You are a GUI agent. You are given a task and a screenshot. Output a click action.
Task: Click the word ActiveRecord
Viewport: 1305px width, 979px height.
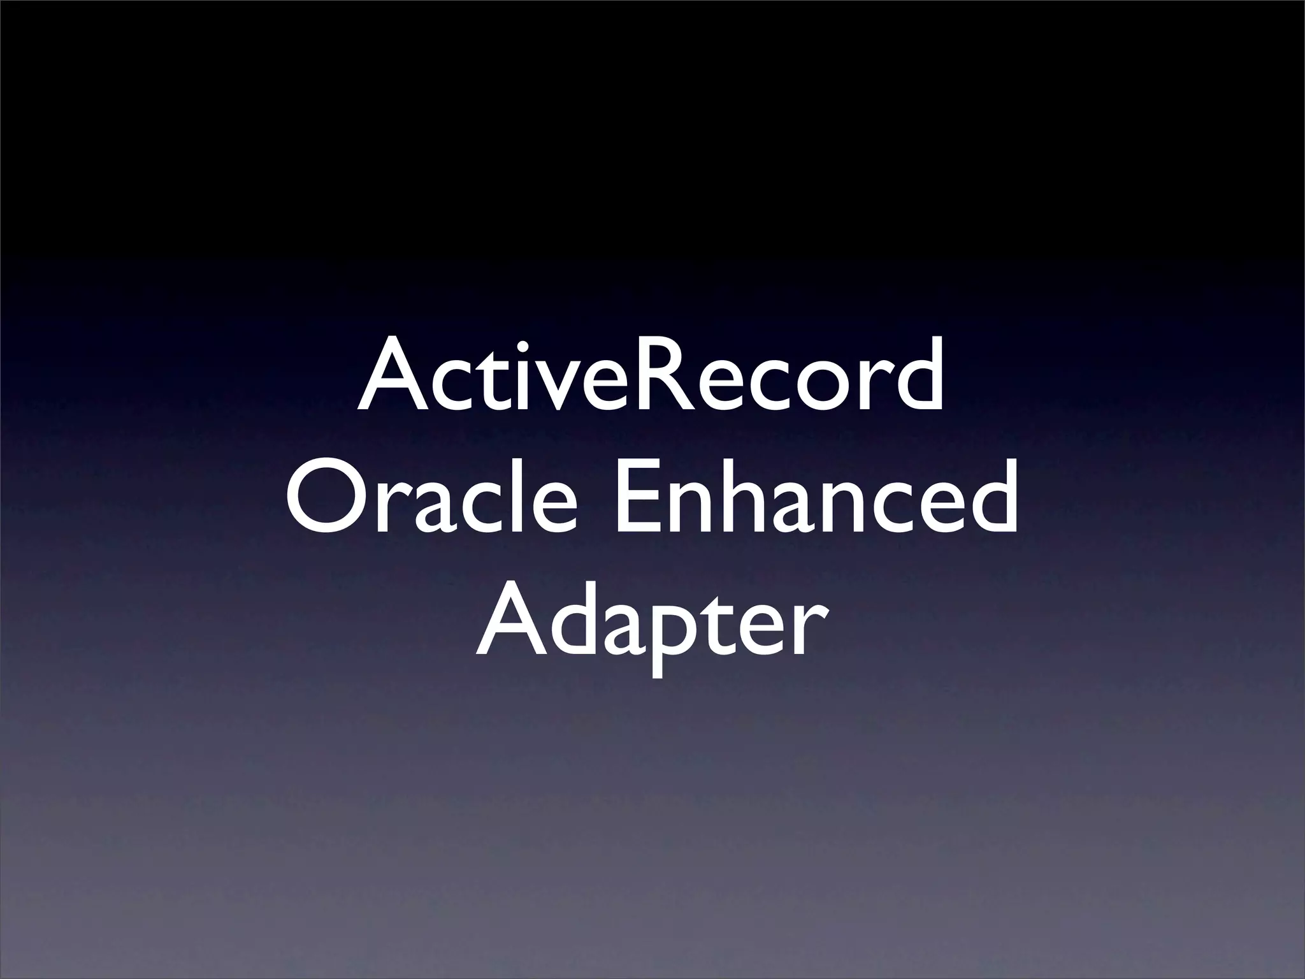tap(650, 376)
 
